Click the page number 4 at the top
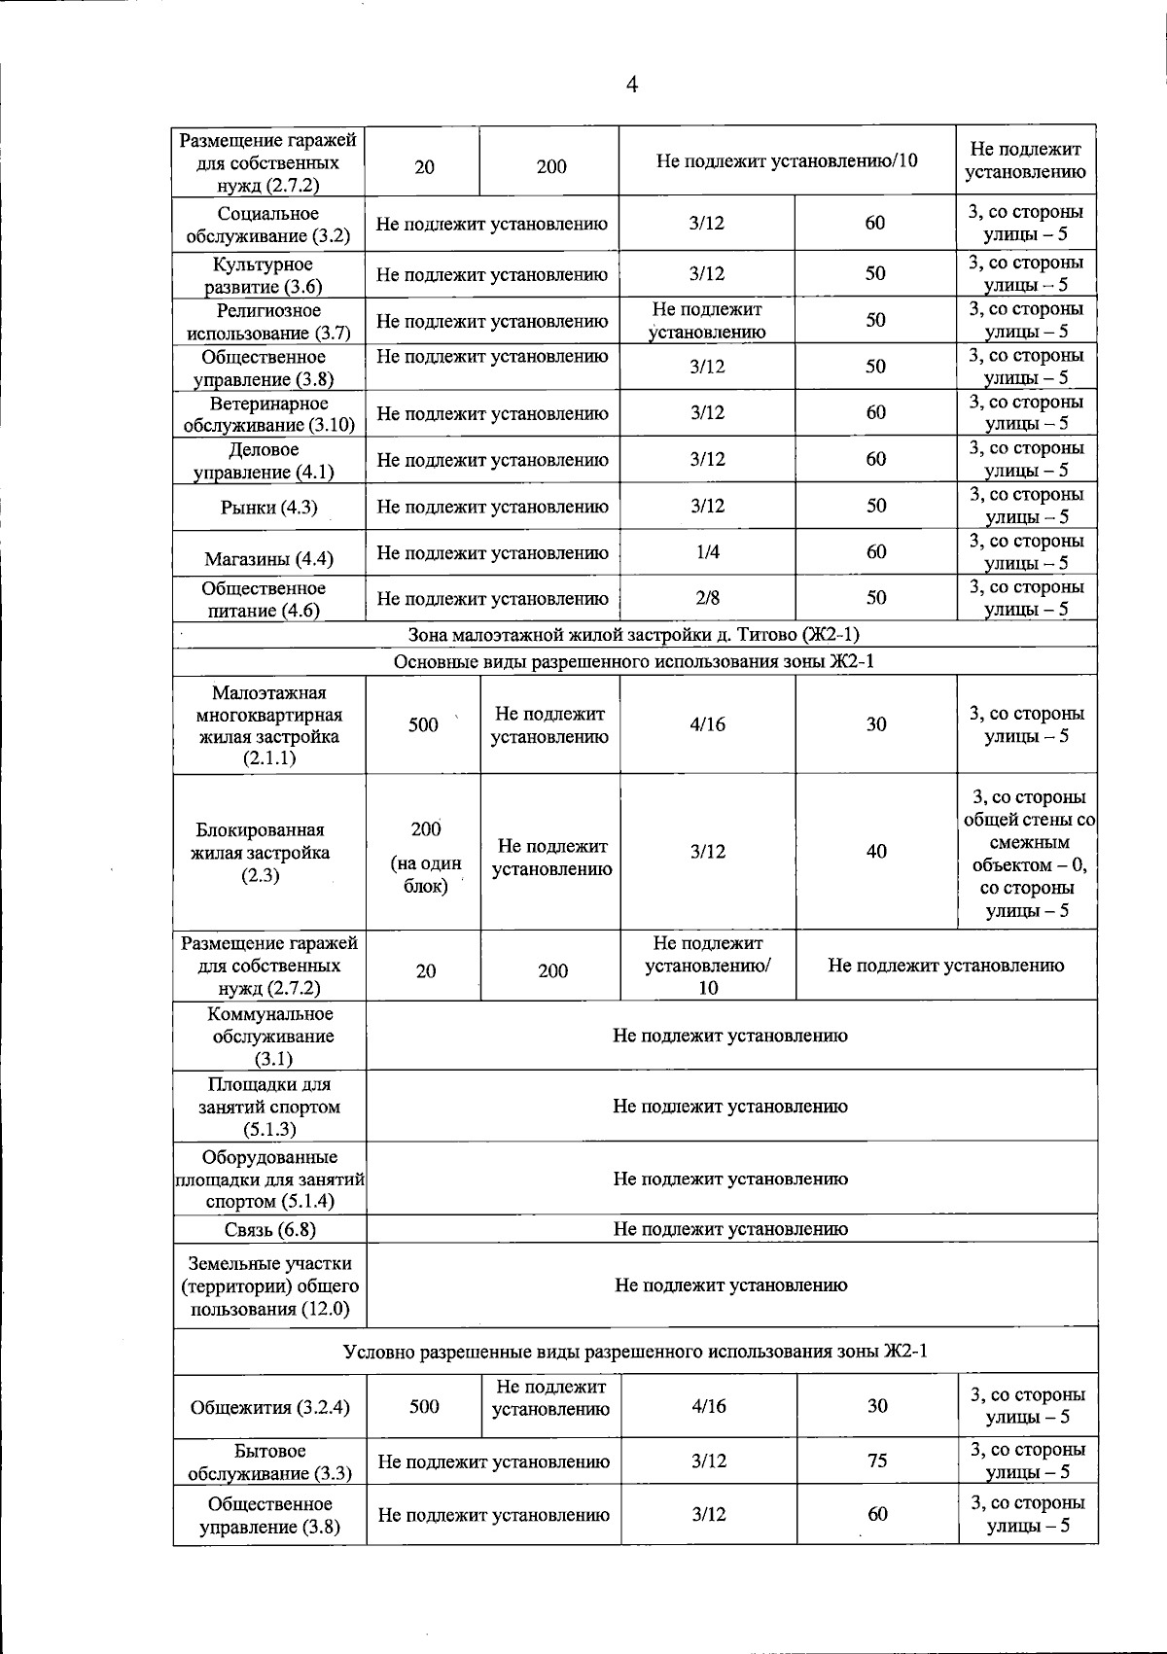[x=631, y=86]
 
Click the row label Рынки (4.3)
[x=268, y=508]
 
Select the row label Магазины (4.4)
[x=268, y=559]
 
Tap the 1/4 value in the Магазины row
[x=707, y=552]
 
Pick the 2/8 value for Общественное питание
[x=707, y=598]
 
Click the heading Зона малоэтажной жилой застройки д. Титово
[x=634, y=635]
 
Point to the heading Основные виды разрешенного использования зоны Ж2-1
[x=634, y=662]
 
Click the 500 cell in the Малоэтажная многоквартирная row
[x=423, y=725]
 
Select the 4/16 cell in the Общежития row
[x=707, y=1406]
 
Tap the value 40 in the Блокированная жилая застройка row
[x=876, y=852]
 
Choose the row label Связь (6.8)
[x=269, y=1229]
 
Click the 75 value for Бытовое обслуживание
[x=876, y=1460]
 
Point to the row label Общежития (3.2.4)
[x=269, y=1407]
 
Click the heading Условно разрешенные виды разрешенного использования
[x=634, y=1352]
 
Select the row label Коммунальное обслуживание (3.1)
[x=269, y=1037]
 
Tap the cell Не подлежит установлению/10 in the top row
[x=787, y=161]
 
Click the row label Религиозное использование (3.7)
[x=268, y=321]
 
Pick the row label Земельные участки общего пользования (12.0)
[x=269, y=1285]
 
